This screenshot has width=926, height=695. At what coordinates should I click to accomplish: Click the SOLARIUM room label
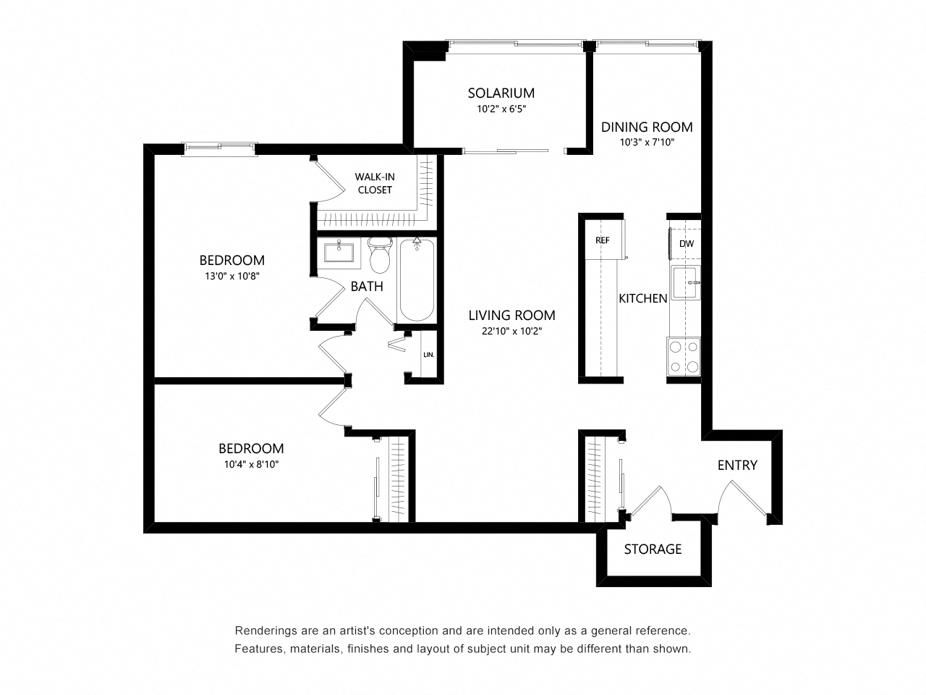(x=501, y=93)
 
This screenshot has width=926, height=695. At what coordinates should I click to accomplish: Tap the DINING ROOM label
(x=647, y=127)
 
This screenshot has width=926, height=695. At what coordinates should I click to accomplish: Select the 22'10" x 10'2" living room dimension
(x=511, y=331)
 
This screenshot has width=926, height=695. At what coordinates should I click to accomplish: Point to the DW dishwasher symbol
(x=686, y=244)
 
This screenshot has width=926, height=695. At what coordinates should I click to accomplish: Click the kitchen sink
(x=685, y=282)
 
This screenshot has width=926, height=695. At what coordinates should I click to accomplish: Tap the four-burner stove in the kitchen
(x=684, y=357)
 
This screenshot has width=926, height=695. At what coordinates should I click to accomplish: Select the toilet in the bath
(x=379, y=253)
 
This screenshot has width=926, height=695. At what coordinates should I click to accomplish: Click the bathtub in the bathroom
(x=417, y=279)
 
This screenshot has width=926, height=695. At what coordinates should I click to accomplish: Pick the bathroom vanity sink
(x=338, y=253)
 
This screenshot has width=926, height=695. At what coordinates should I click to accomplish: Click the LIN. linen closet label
(x=428, y=355)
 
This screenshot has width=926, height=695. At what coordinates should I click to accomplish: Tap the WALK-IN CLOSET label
(x=373, y=183)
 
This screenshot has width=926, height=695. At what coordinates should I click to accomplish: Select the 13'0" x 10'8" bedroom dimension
(x=231, y=276)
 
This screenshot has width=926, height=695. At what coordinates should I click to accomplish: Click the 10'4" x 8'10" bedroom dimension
(x=251, y=464)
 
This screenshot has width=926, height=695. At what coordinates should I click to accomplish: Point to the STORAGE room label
(x=653, y=549)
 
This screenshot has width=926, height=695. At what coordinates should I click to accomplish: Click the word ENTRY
(x=737, y=465)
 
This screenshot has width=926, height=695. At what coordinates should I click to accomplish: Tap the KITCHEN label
(x=642, y=298)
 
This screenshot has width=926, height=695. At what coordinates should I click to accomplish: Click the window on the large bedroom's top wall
(x=219, y=148)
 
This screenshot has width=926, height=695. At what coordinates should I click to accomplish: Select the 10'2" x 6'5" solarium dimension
(x=501, y=109)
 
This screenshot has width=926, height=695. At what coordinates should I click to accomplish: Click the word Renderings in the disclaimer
(x=263, y=631)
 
